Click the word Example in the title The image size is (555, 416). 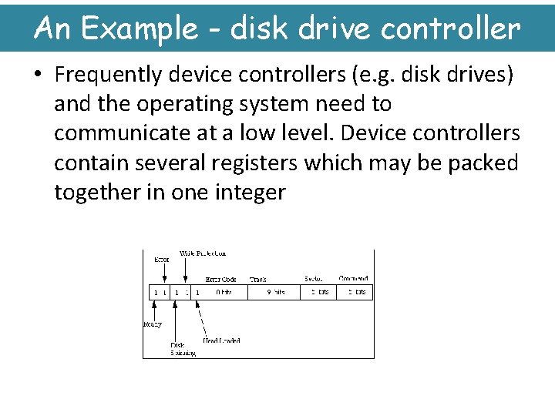[x=140, y=29]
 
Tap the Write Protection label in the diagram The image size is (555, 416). [x=203, y=253]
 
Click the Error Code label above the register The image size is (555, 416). [x=220, y=279]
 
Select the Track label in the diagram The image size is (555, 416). [x=258, y=279]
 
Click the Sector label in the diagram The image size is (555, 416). [x=314, y=278]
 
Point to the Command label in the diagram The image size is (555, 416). [x=353, y=278]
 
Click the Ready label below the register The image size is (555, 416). [x=153, y=324]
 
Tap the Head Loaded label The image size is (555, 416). [x=221, y=340]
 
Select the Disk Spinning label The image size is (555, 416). [x=183, y=349]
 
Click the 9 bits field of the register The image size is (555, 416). [x=275, y=293]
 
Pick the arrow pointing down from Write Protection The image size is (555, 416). [x=185, y=270]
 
